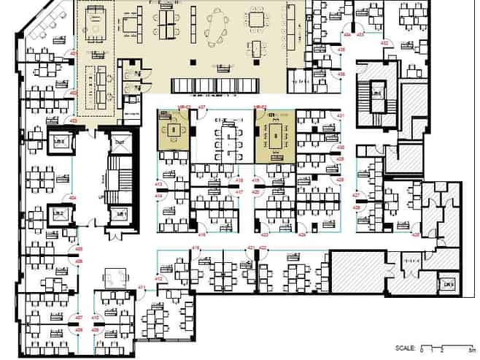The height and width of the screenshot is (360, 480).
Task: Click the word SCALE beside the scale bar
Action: point(405,348)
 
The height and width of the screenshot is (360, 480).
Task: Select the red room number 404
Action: point(73,198)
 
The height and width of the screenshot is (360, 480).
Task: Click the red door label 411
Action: point(143,288)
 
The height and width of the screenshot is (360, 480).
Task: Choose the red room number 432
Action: point(384,43)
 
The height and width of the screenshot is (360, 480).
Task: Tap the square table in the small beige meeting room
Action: point(174,131)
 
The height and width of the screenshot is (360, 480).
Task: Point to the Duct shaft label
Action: point(446,283)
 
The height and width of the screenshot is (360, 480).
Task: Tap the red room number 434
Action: point(348,35)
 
